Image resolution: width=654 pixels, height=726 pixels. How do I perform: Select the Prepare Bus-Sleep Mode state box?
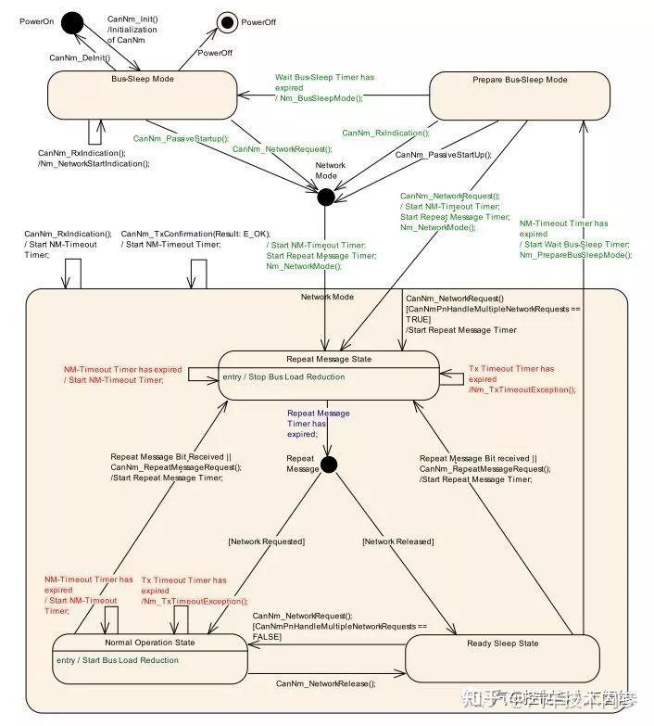tap(519, 96)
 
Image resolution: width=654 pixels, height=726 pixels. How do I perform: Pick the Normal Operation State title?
tap(147, 642)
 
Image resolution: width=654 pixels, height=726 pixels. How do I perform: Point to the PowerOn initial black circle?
tap(72, 23)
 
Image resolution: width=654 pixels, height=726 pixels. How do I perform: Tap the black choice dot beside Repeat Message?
tap(329, 465)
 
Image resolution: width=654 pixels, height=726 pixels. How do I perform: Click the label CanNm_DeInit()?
tap(80, 57)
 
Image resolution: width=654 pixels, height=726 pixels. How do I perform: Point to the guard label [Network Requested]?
tap(266, 541)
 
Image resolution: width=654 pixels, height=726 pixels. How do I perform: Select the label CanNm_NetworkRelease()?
tap(326, 683)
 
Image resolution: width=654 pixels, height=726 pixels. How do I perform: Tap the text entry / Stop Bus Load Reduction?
tap(283, 376)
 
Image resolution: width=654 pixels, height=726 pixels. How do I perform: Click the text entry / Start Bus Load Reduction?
tap(116, 660)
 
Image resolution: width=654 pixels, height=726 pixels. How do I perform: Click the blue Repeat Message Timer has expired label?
tap(318, 423)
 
